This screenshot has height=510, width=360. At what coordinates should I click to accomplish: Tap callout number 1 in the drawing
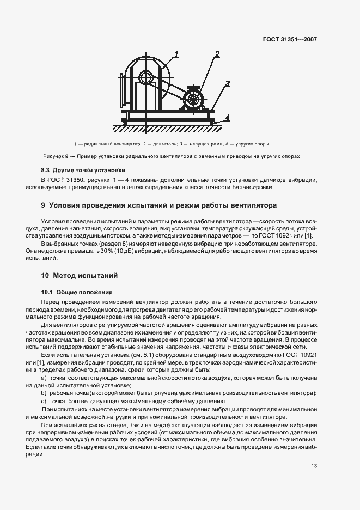tap(176, 54)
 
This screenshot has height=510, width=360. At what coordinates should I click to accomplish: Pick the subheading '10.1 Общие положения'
tap(77, 292)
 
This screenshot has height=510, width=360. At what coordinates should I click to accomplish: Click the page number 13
tap(314, 466)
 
